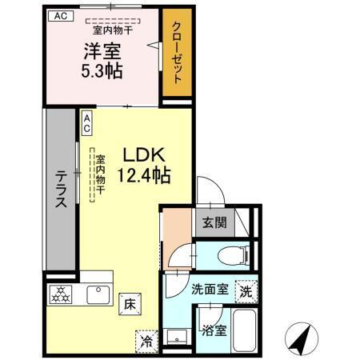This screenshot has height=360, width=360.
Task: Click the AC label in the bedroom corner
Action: coord(60,15)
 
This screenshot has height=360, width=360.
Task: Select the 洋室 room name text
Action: coord(102,51)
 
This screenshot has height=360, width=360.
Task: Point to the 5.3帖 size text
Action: coord(102,70)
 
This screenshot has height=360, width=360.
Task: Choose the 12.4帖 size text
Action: coord(145,173)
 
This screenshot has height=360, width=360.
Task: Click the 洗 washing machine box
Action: coord(246,292)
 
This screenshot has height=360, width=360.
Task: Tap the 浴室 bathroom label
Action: coord(214,328)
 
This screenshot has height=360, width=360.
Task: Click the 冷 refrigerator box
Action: coord(147,340)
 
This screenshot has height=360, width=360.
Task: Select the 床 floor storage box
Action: coord(129,303)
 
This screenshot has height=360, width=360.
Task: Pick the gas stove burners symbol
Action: coord(62,294)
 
